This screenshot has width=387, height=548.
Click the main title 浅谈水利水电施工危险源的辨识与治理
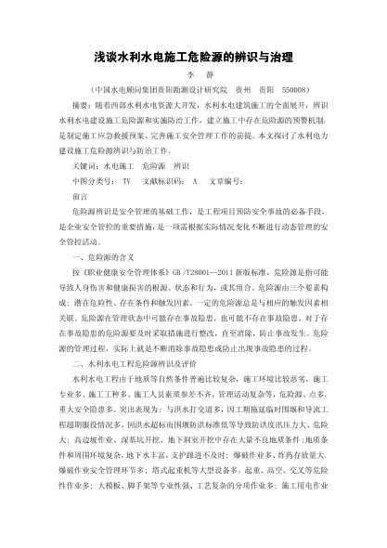(x=194, y=56)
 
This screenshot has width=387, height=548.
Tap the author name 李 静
(x=194, y=77)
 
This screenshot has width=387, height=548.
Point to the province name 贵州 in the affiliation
(x=220, y=91)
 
